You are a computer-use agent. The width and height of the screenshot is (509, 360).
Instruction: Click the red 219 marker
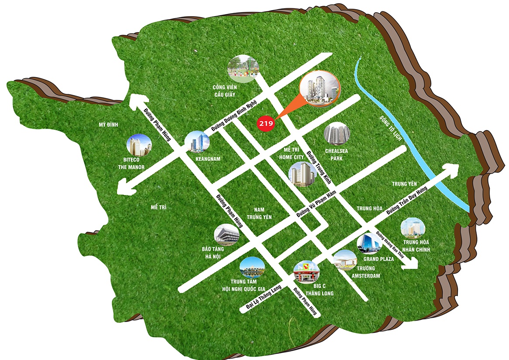click(x=266, y=123)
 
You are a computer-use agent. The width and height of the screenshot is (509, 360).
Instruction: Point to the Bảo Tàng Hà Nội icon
click(x=227, y=235)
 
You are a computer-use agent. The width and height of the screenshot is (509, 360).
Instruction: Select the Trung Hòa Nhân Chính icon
click(x=413, y=230)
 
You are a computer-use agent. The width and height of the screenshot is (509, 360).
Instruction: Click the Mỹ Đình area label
click(x=109, y=125)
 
